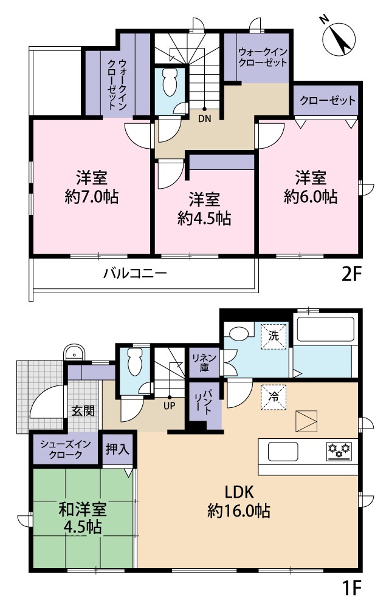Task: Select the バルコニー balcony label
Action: [x=134, y=274]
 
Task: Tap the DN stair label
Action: [x=204, y=119]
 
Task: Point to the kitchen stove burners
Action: [x=339, y=450]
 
